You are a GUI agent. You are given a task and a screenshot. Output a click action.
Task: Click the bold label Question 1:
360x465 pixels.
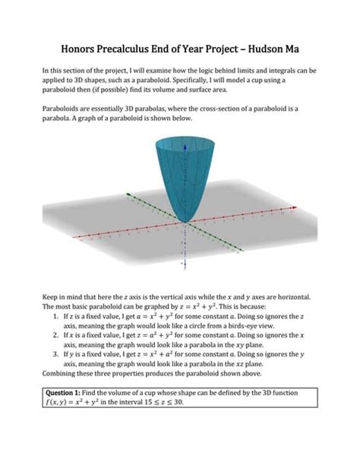pyautogui.click(x=68, y=393)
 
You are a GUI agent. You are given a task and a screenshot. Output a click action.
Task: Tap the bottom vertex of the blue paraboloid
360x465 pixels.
pyautogui.click(x=184, y=221)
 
